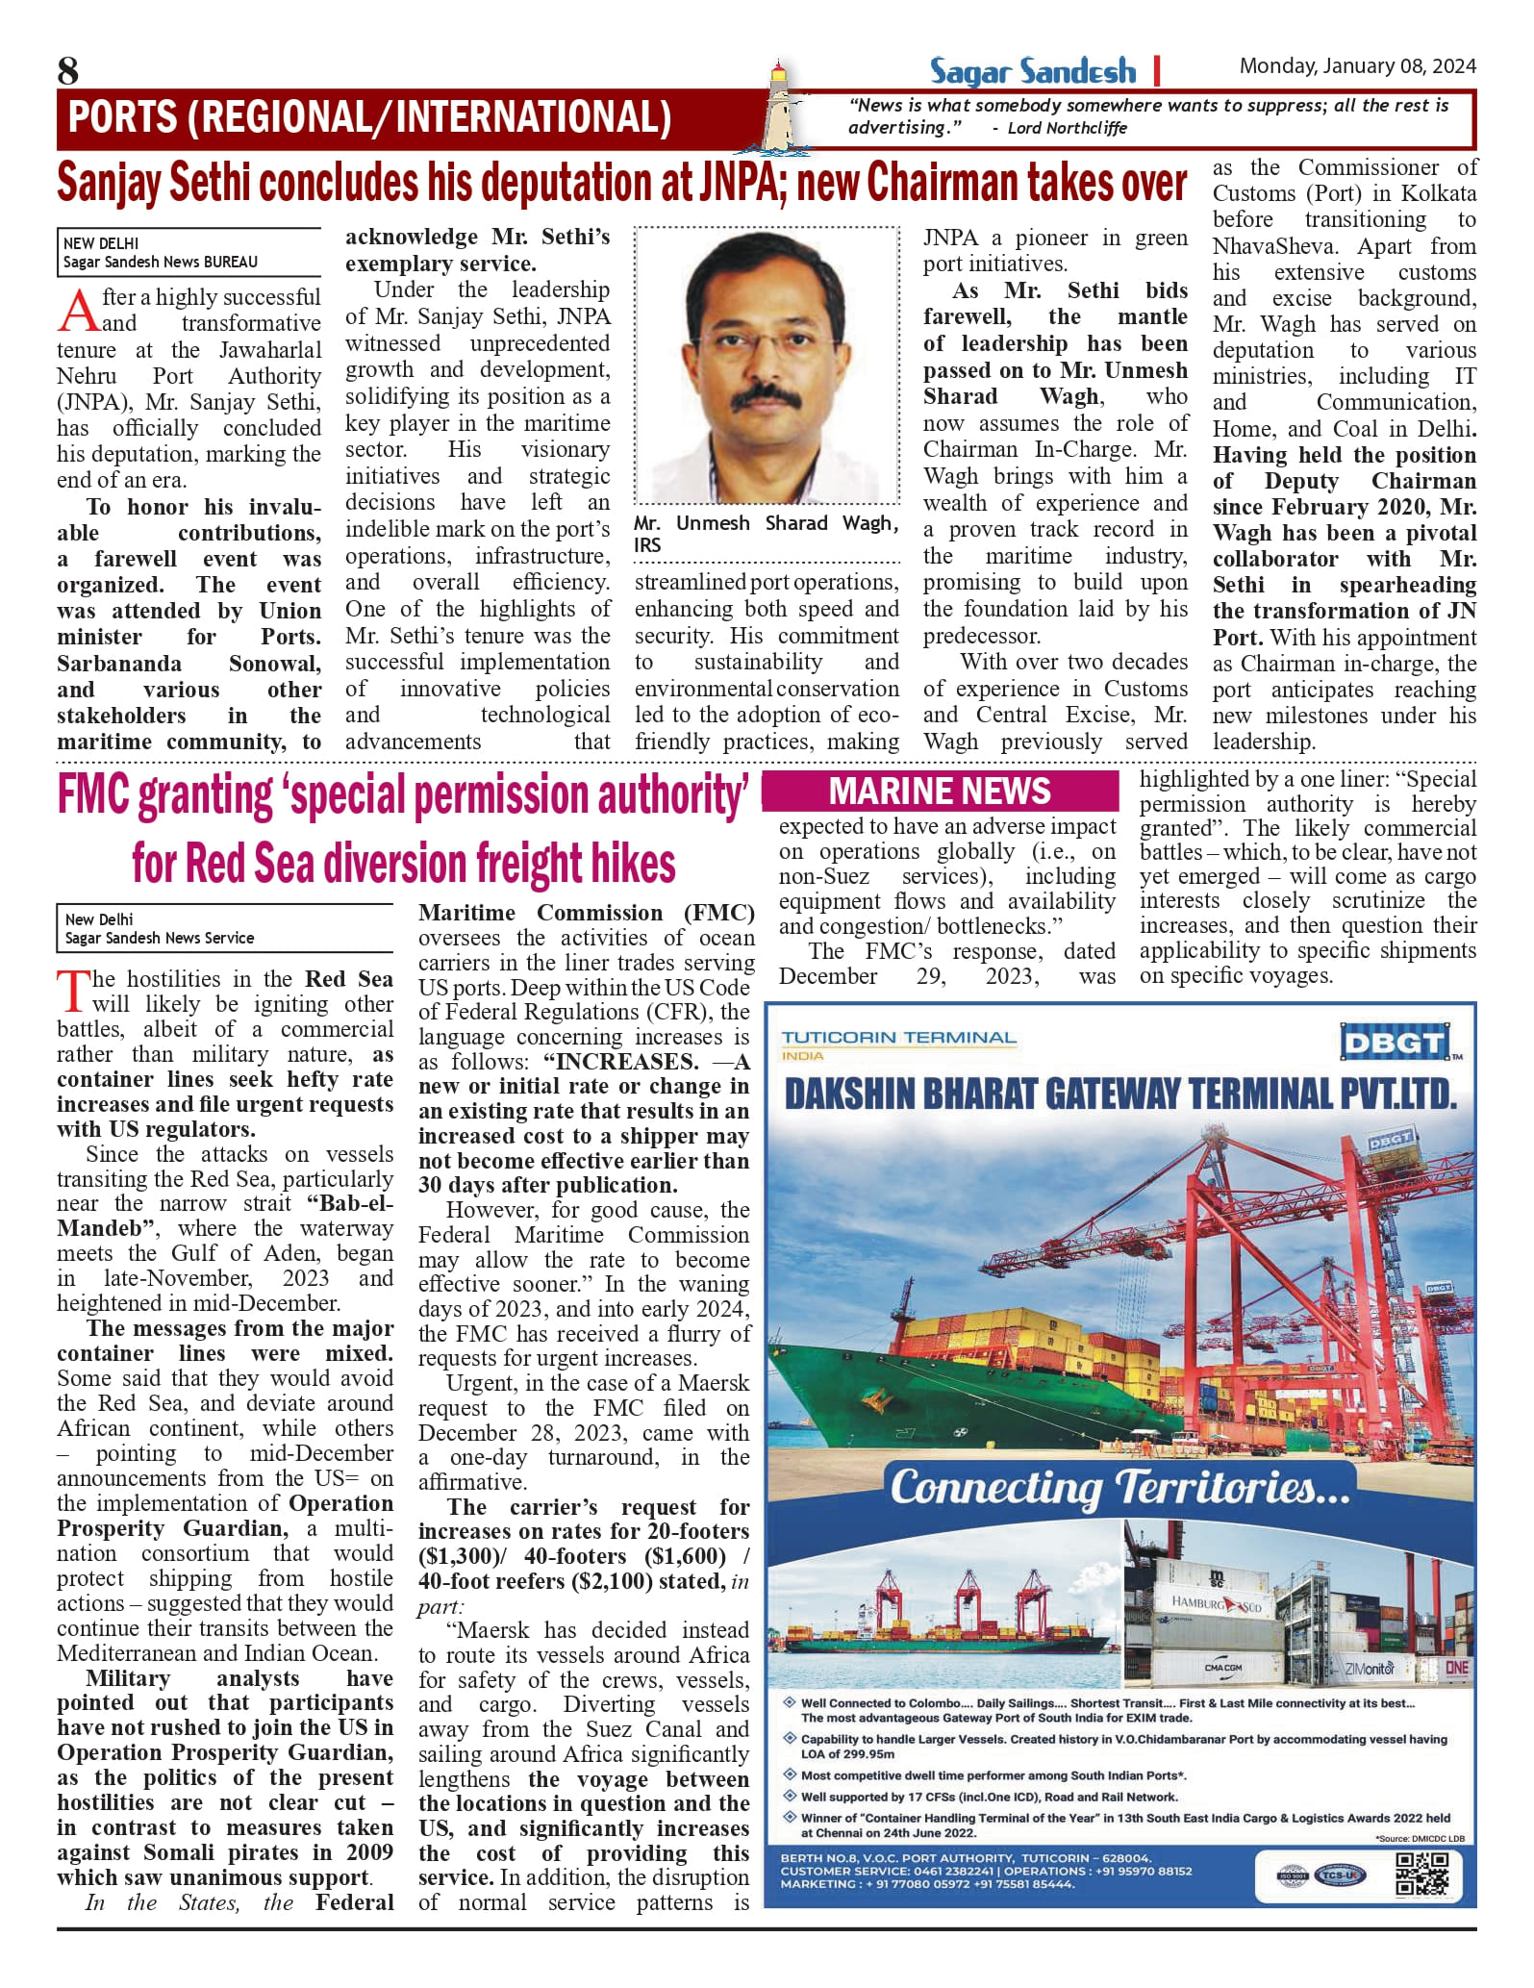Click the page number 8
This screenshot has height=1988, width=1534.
pos(68,71)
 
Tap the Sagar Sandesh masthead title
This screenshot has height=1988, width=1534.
pos(1032,72)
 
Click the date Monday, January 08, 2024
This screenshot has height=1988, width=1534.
pos(1357,66)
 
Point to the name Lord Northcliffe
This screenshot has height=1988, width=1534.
pos(1067,129)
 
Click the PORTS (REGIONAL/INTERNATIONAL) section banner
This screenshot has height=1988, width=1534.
pos(370,118)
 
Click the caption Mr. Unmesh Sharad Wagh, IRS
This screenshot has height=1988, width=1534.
pos(766,534)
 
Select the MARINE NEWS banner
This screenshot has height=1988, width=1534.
pos(940,792)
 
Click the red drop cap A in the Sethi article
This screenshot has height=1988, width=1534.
pos(78,311)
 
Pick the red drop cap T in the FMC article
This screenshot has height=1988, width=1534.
pos(73,992)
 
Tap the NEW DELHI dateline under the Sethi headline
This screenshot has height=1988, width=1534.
pos(101,244)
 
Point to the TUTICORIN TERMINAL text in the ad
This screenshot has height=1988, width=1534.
pos(898,1038)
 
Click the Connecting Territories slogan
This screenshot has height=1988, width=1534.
pos(1119,1488)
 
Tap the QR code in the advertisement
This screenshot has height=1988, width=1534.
pos(1421,1874)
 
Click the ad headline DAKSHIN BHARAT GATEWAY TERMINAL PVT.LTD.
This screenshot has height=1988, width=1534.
pos(1119,1095)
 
